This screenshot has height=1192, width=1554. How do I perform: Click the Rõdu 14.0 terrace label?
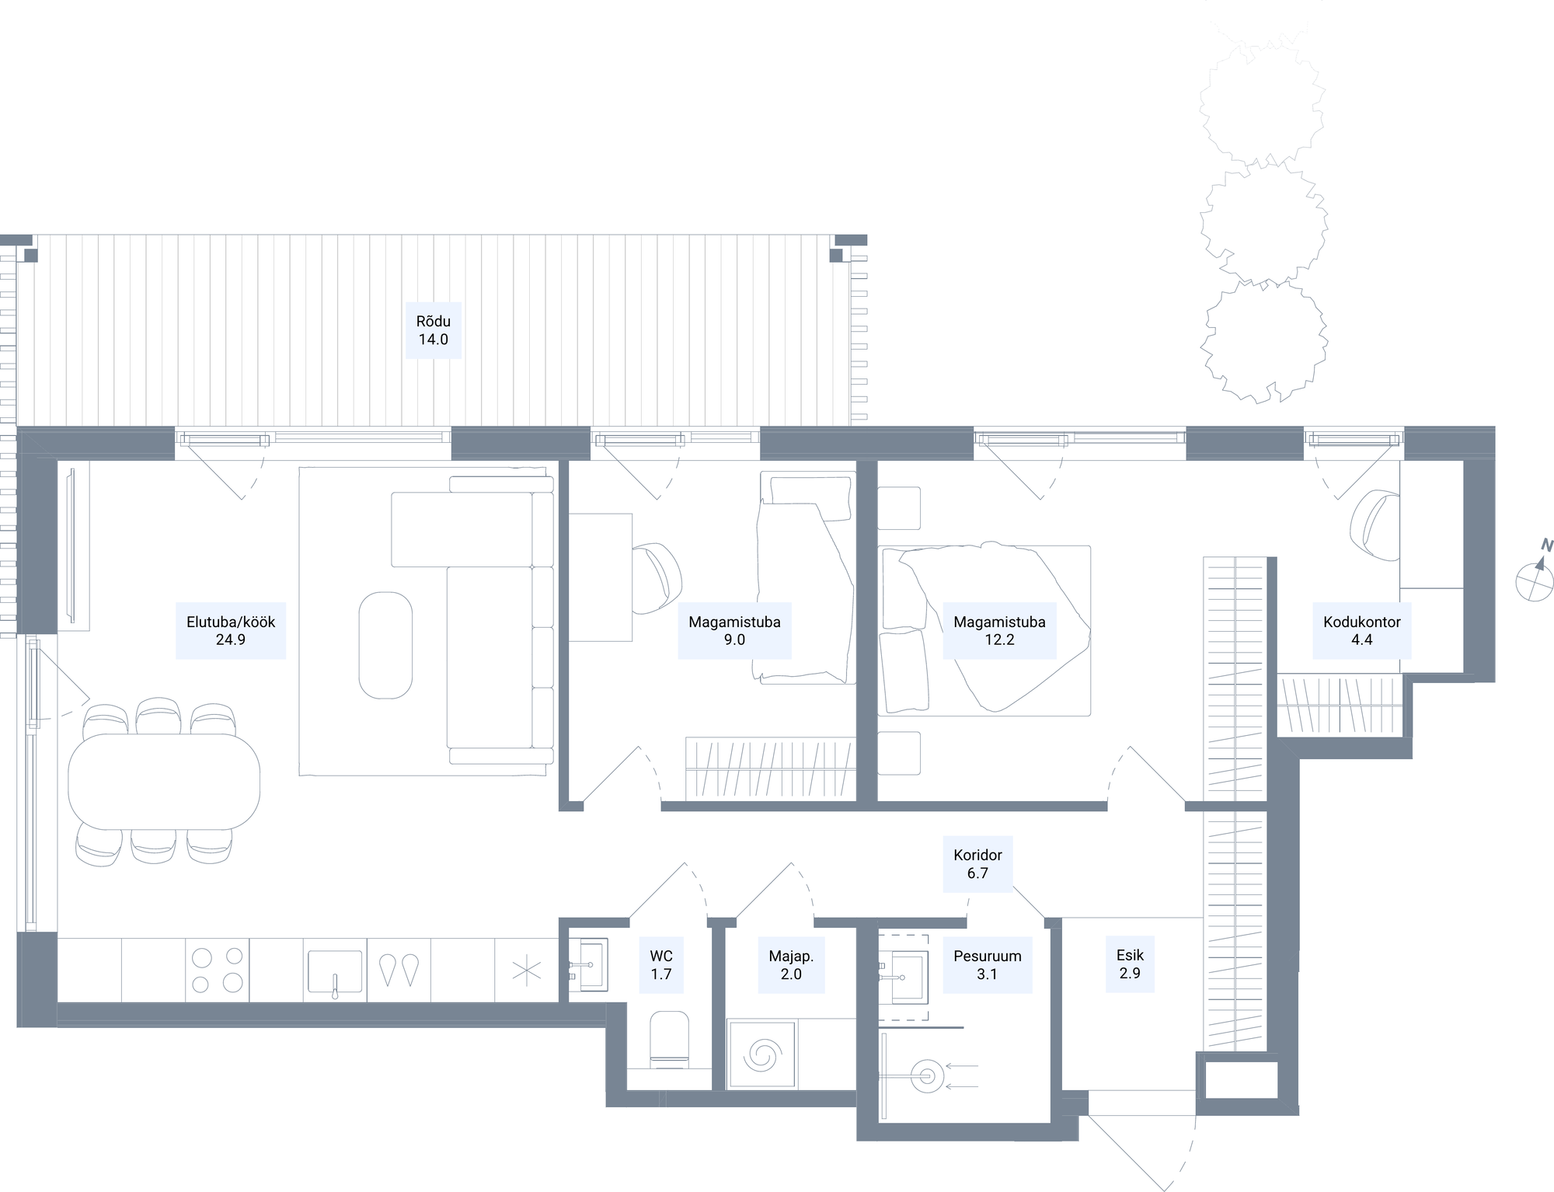(x=434, y=330)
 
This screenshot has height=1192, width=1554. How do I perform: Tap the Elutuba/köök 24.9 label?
(x=231, y=631)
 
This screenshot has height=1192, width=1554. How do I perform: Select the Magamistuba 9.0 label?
(x=734, y=631)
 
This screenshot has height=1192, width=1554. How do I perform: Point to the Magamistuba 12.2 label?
(x=999, y=631)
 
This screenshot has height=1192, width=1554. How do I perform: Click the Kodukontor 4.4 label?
(x=1362, y=631)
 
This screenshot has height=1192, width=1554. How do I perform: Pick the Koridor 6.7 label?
(x=977, y=864)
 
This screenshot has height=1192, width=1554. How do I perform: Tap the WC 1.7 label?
(x=661, y=965)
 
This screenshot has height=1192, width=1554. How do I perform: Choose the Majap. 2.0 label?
(x=791, y=965)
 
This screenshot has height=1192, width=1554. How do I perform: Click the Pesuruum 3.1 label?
(x=988, y=965)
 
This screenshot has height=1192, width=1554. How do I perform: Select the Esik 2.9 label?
(x=1130, y=964)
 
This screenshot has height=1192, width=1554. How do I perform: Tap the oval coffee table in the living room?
(x=385, y=646)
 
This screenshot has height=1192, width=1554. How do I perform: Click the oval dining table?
(x=164, y=782)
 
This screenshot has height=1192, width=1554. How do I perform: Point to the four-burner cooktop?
(x=218, y=970)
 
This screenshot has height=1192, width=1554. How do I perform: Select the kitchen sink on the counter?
(x=335, y=972)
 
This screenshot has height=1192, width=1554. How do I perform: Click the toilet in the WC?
(x=669, y=1039)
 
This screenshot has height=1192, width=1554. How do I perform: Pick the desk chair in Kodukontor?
(x=1375, y=525)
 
